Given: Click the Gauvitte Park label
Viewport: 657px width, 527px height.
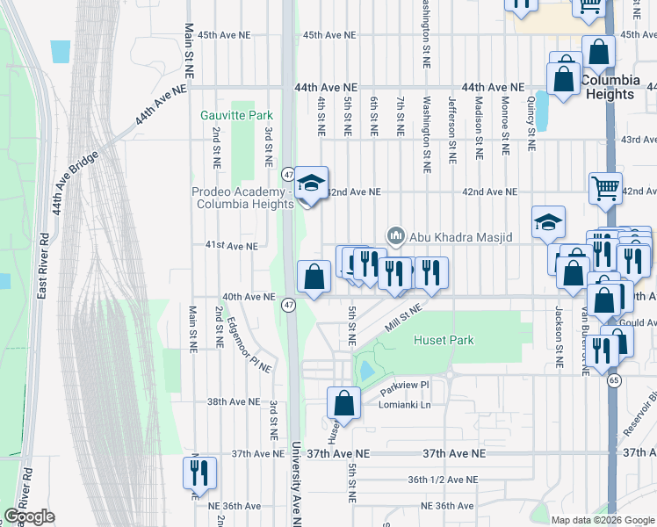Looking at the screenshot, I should click(236, 115).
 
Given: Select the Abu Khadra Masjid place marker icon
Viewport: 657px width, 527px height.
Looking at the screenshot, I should click(396, 235).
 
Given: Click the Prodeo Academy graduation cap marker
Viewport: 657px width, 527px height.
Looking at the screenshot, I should click(310, 184).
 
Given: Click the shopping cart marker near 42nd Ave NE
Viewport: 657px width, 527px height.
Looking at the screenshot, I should click(605, 188).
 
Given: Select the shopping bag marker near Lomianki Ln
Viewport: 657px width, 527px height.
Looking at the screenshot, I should click(344, 403).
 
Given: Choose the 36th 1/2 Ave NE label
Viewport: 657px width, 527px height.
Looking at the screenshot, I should click(442, 480).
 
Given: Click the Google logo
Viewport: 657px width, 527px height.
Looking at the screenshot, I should click(30, 516).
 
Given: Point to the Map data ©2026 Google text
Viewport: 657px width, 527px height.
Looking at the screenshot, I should click(603, 520).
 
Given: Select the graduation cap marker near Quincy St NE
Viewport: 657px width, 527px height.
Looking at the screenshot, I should click(548, 222).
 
